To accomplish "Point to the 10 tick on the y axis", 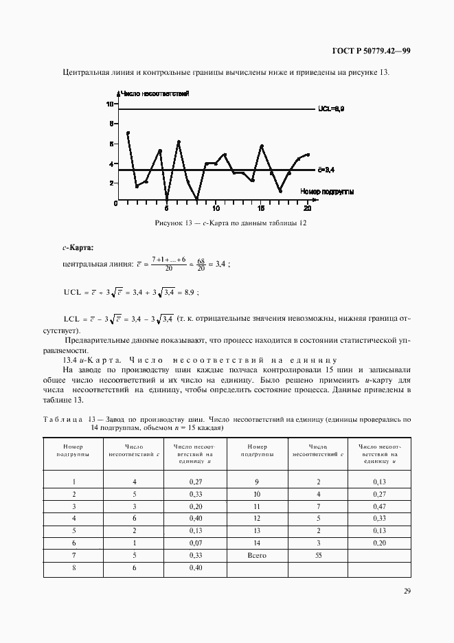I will [x=109, y=104].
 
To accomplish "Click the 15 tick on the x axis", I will [x=261, y=207].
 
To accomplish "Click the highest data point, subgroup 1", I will [x=128, y=133].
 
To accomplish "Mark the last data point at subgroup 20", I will [x=308, y=155].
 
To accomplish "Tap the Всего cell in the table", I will [x=256, y=555].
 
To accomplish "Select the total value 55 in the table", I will [x=318, y=555].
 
